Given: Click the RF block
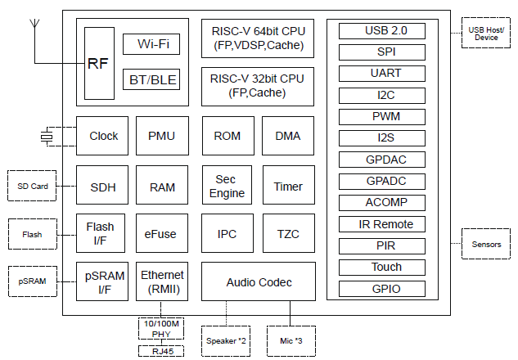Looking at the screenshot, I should [97, 62].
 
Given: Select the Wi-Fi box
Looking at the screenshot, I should [151, 44].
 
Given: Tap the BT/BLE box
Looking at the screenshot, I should [151, 79].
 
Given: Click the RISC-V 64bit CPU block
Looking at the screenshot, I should [258, 38].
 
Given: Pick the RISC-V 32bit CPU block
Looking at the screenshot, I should [258, 85].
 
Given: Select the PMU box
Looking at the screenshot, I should [162, 136].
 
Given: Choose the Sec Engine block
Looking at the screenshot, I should [226, 186].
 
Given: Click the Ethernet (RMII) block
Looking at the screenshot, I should [162, 281].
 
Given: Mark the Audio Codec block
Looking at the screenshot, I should [258, 283].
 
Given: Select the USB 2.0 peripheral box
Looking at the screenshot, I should [383, 31].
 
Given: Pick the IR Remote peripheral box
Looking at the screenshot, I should [383, 224].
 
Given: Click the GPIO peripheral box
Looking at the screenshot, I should [383, 288].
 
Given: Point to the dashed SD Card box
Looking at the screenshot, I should [33, 187].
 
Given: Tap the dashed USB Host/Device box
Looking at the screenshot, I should [485, 33].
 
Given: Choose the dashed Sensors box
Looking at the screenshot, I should [486, 244].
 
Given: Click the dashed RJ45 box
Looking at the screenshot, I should [160, 351].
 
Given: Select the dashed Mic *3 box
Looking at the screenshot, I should [290, 340].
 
